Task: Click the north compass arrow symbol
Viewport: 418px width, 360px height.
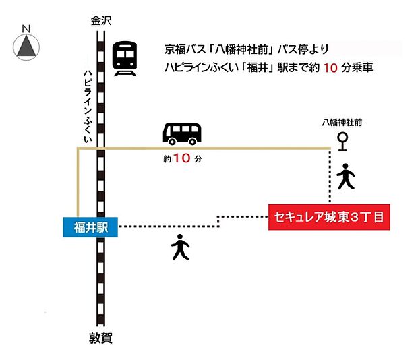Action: click(x=26, y=46)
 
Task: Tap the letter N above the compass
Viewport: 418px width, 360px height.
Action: click(x=26, y=28)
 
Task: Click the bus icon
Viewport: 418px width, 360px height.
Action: click(x=182, y=133)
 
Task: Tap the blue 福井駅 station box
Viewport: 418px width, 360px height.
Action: click(x=89, y=227)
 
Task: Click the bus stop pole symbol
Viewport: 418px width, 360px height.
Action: click(x=343, y=141)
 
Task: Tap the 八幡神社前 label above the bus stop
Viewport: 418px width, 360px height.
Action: click(x=342, y=123)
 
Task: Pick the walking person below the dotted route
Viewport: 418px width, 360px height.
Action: click(x=180, y=247)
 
